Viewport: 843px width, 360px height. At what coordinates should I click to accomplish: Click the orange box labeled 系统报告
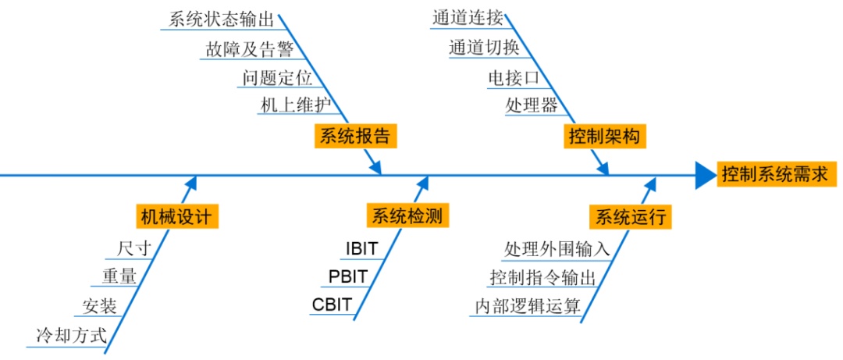click(354, 135)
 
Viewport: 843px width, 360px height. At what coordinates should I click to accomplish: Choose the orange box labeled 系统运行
click(631, 216)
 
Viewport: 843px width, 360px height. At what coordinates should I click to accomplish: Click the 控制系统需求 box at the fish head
click(774, 174)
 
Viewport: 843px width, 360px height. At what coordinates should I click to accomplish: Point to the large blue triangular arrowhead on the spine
click(705, 175)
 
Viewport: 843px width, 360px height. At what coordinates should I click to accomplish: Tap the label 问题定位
click(277, 77)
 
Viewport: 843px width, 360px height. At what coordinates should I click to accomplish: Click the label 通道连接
click(468, 19)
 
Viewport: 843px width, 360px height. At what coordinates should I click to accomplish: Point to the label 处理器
click(532, 105)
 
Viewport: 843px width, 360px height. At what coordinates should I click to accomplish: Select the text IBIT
click(361, 248)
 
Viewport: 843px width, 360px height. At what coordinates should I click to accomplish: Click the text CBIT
click(333, 304)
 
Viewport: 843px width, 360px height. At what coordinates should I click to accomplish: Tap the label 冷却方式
click(70, 337)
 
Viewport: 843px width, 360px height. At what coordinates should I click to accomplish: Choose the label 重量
click(119, 276)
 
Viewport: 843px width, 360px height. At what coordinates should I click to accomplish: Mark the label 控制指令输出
click(542, 277)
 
